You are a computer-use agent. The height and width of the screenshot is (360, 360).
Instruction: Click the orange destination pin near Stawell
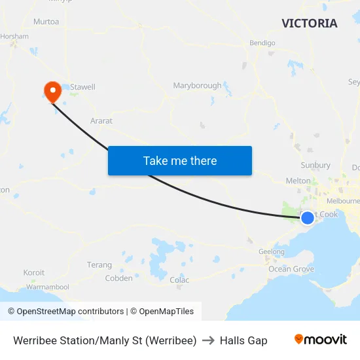pyautogui.click(x=51, y=90)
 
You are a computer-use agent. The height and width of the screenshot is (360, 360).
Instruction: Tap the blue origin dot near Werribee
pyautogui.click(x=307, y=217)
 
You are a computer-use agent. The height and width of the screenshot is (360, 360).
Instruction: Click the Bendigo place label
pyautogui.click(x=262, y=43)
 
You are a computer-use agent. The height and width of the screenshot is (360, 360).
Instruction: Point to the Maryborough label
pyautogui.click(x=197, y=86)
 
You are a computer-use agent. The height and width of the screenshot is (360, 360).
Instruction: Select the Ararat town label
pyautogui.click(x=101, y=121)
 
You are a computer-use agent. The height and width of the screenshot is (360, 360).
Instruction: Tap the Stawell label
pyautogui.click(x=82, y=87)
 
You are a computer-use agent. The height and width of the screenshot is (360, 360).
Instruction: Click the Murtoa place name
pyautogui.click(x=46, y=22)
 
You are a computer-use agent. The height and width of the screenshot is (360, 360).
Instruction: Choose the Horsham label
pyautogui.click(x=14, y=37)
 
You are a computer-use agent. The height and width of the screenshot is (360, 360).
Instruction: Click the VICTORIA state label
pyautogui.click(x=310, y=24)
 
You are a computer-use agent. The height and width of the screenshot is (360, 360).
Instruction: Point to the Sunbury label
pyautogui.click(x=315, y=166)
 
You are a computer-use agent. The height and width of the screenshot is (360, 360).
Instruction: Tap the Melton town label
pyautogui.click(x=298, y=181)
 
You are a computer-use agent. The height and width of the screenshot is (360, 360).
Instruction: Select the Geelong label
pyautogui.click(x=272, y=251)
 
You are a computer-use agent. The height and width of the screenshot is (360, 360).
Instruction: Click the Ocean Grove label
pyautogui.click(x=291, y=269)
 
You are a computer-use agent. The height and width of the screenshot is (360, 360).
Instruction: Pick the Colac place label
pyautogui.click(x=179, y=280)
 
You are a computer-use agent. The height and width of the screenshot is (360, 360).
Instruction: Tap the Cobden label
pyautogui.click(x=119, y=278)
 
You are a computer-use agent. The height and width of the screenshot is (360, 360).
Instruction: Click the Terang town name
pyautogui.click(x=99, y=265)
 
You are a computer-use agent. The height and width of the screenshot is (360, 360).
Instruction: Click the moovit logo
pyautogui.click(x=320, y=340)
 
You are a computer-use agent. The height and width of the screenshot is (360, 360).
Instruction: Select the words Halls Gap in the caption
pyautogui.click(x=243, y=340)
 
